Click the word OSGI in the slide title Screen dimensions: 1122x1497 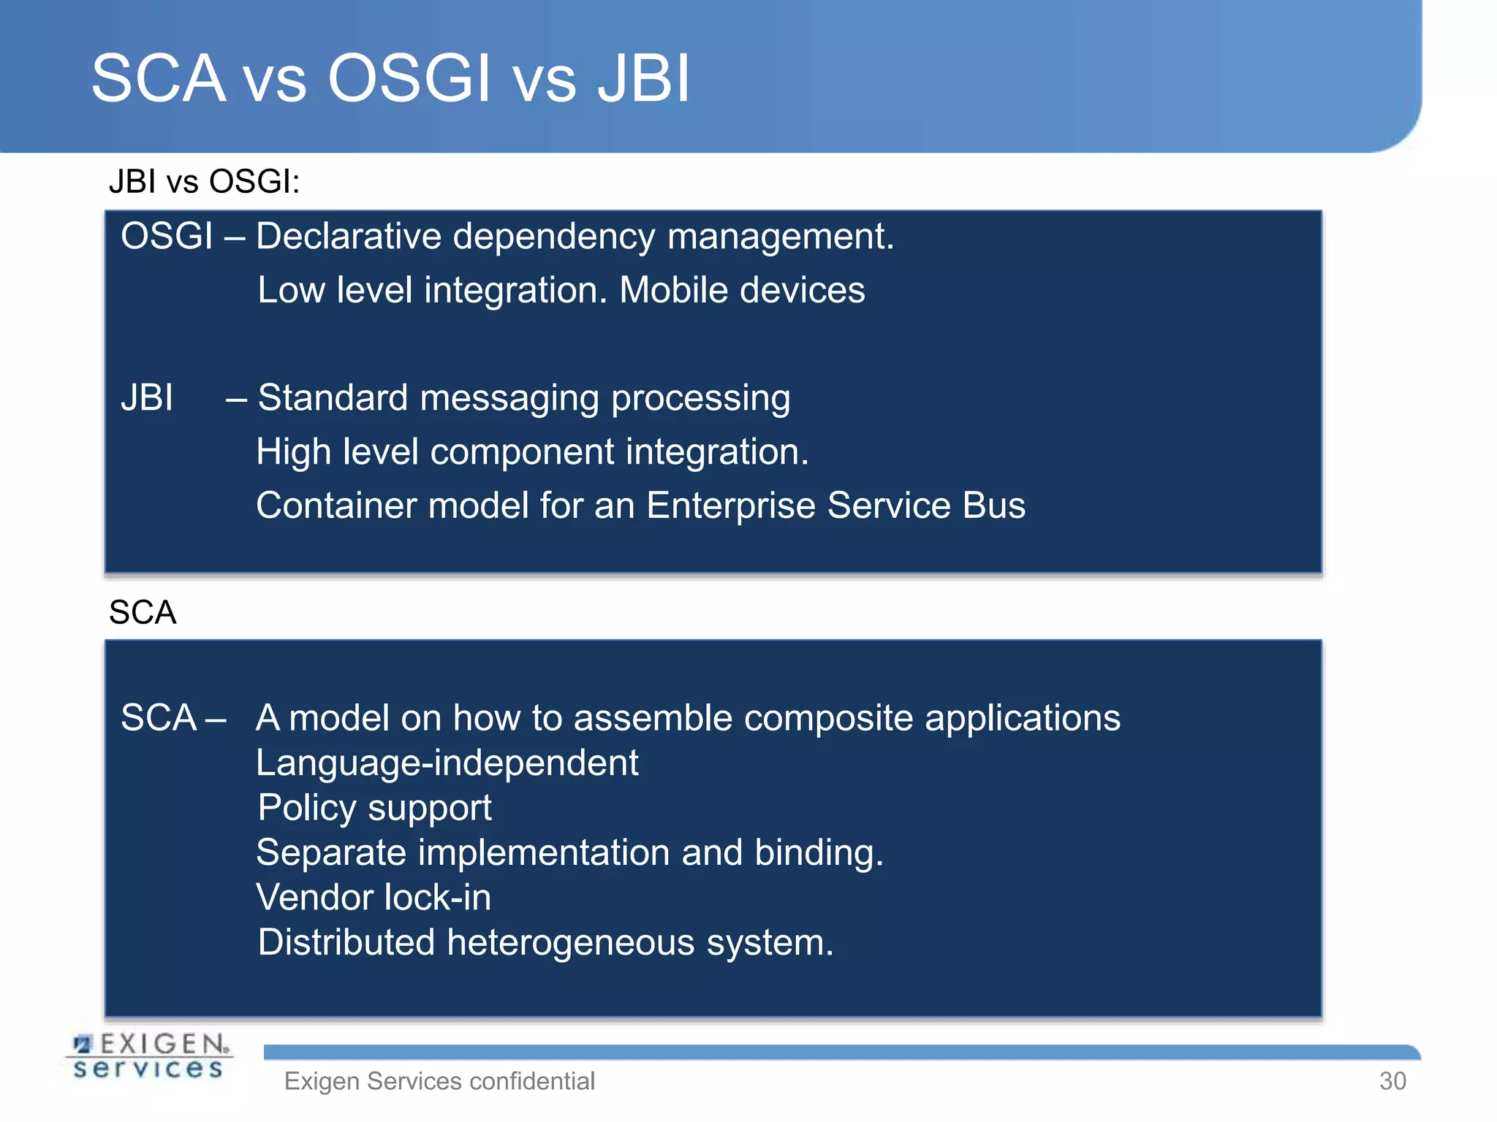coord(409,78)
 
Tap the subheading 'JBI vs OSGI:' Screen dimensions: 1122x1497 coord(204,181)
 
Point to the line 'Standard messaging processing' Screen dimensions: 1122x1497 coord(523,398)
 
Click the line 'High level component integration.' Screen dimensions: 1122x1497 coord(532,452)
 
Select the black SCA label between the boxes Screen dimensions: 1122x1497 coord(143,612)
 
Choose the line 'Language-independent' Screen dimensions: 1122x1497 coord(447,763)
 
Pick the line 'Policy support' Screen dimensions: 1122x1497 coord(374,808)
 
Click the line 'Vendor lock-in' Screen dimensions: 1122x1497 coord(374,898)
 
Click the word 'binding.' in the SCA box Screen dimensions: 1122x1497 coord(819,852)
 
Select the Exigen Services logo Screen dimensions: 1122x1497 coord(151,1056)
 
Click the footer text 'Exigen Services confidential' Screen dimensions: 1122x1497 coord(439,1081)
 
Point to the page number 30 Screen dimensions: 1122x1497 coord(1392,1081)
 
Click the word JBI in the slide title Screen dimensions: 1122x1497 coord(643,78)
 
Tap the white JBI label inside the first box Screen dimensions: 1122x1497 coord(147,398)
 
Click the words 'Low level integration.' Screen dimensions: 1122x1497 coord(432,290)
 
